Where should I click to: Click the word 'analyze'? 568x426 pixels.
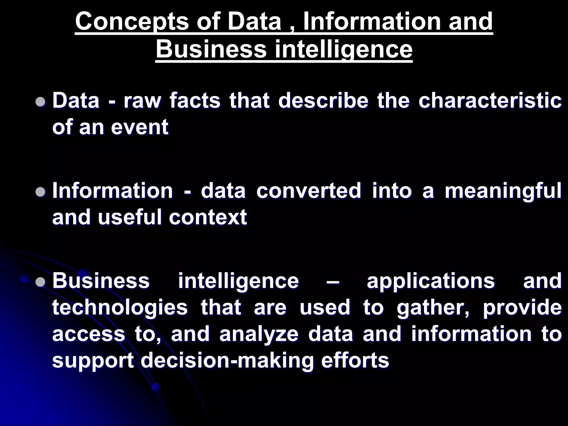(259, 334)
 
